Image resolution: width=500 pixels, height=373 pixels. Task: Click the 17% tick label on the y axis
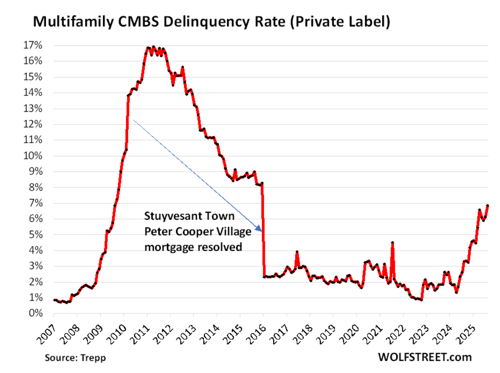33,45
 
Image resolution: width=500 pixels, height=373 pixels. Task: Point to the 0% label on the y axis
36,313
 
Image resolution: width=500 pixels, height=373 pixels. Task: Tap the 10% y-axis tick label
33,156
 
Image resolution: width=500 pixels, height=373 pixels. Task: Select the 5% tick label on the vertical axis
36,234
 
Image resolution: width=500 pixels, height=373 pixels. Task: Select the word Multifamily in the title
73,22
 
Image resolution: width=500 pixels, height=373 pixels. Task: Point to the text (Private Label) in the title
340,22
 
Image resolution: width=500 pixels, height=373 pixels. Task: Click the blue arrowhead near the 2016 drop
259,229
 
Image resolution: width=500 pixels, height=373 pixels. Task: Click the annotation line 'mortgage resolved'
193,247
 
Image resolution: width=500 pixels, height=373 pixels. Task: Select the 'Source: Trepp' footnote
75,357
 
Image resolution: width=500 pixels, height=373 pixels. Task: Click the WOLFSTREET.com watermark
425,357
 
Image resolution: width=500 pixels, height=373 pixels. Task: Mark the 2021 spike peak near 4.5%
393,242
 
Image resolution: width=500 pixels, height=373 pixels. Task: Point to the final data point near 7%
488,205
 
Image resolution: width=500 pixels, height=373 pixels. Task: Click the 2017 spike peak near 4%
297,252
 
